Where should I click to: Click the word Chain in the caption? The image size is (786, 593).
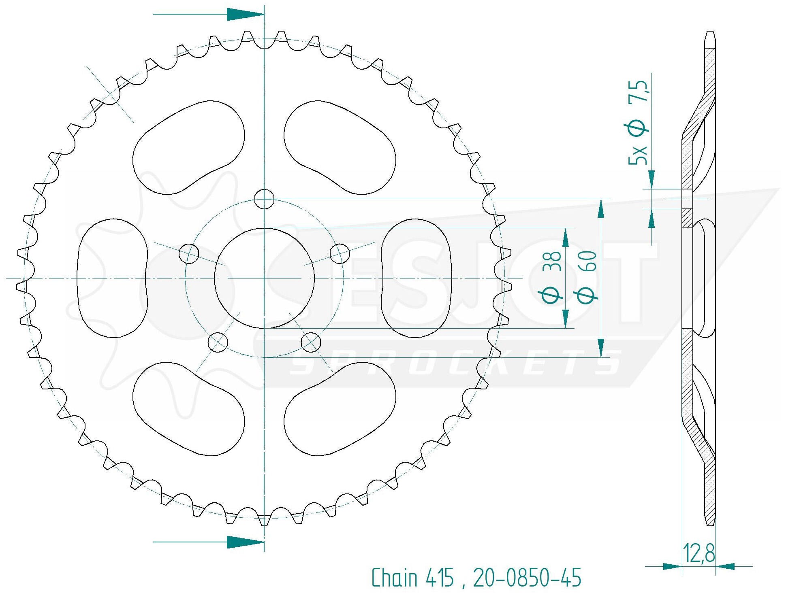[394, 578]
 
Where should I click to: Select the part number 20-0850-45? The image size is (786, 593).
[527, 578]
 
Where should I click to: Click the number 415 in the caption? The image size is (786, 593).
[439, 578]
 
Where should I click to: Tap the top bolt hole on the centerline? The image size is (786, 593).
[264, 199]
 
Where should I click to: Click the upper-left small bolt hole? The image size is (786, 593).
[188, 254]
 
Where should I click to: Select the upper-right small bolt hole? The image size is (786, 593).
[340, 254]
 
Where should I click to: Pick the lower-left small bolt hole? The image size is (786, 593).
[218, 342]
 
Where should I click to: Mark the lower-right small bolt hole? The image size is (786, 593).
[311, 342]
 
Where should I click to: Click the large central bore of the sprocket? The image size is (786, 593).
[264, 278]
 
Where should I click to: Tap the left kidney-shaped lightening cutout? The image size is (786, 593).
[111, 278]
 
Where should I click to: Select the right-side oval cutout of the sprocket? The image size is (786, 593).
[416, 278]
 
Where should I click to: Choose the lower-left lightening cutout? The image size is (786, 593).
[188, 409]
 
